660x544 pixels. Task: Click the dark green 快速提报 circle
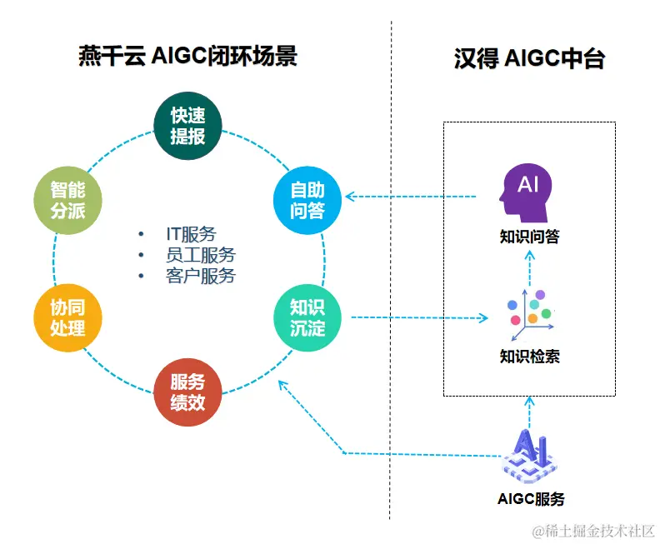point(188,127)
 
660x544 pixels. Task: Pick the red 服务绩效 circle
point(188,392)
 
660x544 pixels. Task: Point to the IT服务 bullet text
point(190,234)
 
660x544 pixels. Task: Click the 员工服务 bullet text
point(200,255)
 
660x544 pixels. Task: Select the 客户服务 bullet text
point(200,276)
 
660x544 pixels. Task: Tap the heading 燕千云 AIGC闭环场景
point(187,57)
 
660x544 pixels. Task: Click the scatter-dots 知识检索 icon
point(529,312)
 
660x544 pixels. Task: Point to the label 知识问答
point(529,237)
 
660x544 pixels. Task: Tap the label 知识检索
point(529,357)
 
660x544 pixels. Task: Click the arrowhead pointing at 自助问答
point(351,197)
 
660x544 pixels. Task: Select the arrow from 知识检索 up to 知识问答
point(529,265)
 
